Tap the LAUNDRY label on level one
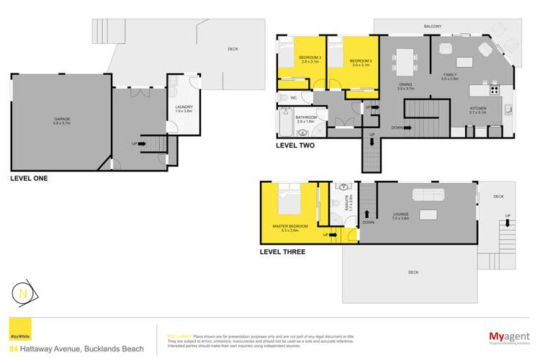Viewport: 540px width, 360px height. (184, 109)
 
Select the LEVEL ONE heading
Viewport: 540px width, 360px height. (29, 178)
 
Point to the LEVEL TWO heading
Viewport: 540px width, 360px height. (296, 145)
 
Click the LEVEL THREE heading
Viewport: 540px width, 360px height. (283, 252)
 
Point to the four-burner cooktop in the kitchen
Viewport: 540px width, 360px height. (495, 91)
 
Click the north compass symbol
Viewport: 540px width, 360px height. (24, 294)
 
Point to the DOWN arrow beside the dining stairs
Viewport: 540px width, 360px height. (402, 128)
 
